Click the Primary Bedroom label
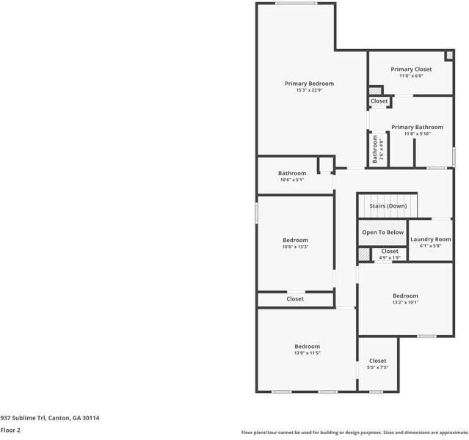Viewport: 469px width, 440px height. (x=309, y=84)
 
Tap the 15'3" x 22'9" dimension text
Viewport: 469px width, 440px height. (x=309, y=90)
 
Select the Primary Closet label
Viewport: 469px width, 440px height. (x=411, y=70)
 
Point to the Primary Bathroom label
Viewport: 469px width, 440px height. (x=417, y=128)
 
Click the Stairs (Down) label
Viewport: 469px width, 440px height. (x=388, y=206)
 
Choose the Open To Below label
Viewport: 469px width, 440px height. (x=383, y=232)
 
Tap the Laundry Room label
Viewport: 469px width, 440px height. (x=431, y=239)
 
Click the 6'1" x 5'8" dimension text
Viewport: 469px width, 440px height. (x=431, y=246)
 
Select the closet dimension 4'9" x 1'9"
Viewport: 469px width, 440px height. (x=390, y=257)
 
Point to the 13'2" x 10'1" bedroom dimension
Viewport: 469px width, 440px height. (x=406, y=302)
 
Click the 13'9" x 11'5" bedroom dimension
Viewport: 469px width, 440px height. (x=308, y=353)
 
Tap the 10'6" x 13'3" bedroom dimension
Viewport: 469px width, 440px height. (x=295, y=246)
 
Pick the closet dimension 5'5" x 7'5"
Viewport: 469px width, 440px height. (x=378, y=367)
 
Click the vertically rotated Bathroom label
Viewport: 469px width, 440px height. (x=375, y=149)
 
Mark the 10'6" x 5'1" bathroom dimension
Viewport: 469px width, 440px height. (x=292, y=180)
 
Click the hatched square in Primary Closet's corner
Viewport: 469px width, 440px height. (x=449, y=55)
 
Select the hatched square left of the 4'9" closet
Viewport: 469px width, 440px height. (x=364, y=254)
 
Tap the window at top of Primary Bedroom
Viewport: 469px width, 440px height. (x=296, y=4)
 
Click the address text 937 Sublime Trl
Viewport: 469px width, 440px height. (x=23, y=418)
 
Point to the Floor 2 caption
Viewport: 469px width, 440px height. (x=10, y=430)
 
